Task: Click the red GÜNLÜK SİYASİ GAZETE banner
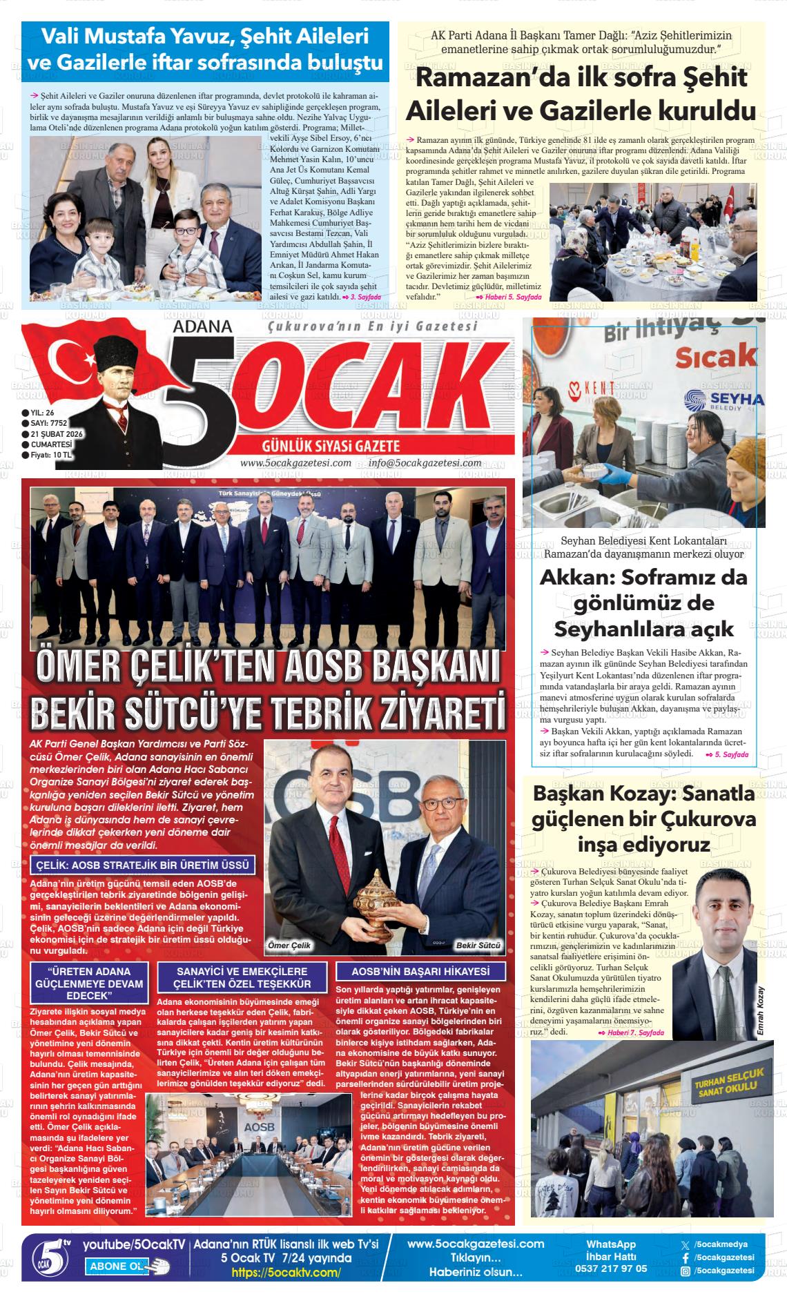pyautogui.click(x=331, y=447)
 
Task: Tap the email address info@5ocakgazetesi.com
pyautogui.click(x=425, y=463)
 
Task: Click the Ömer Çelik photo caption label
pyautogui.click(x=289, y=945)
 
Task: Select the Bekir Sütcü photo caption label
pyautogui.click(x=478, y=945)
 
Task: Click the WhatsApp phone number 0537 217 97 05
pyautogui.click(x=610, y=1268)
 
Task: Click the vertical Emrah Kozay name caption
pyautogui.click(x=761, y=1010)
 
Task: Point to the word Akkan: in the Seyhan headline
pyautogui.click(x=577, y=577)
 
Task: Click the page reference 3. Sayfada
pyautogui.click(x=365, y=297)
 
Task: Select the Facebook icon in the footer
pyautogui.click(x=685, y=1257)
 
